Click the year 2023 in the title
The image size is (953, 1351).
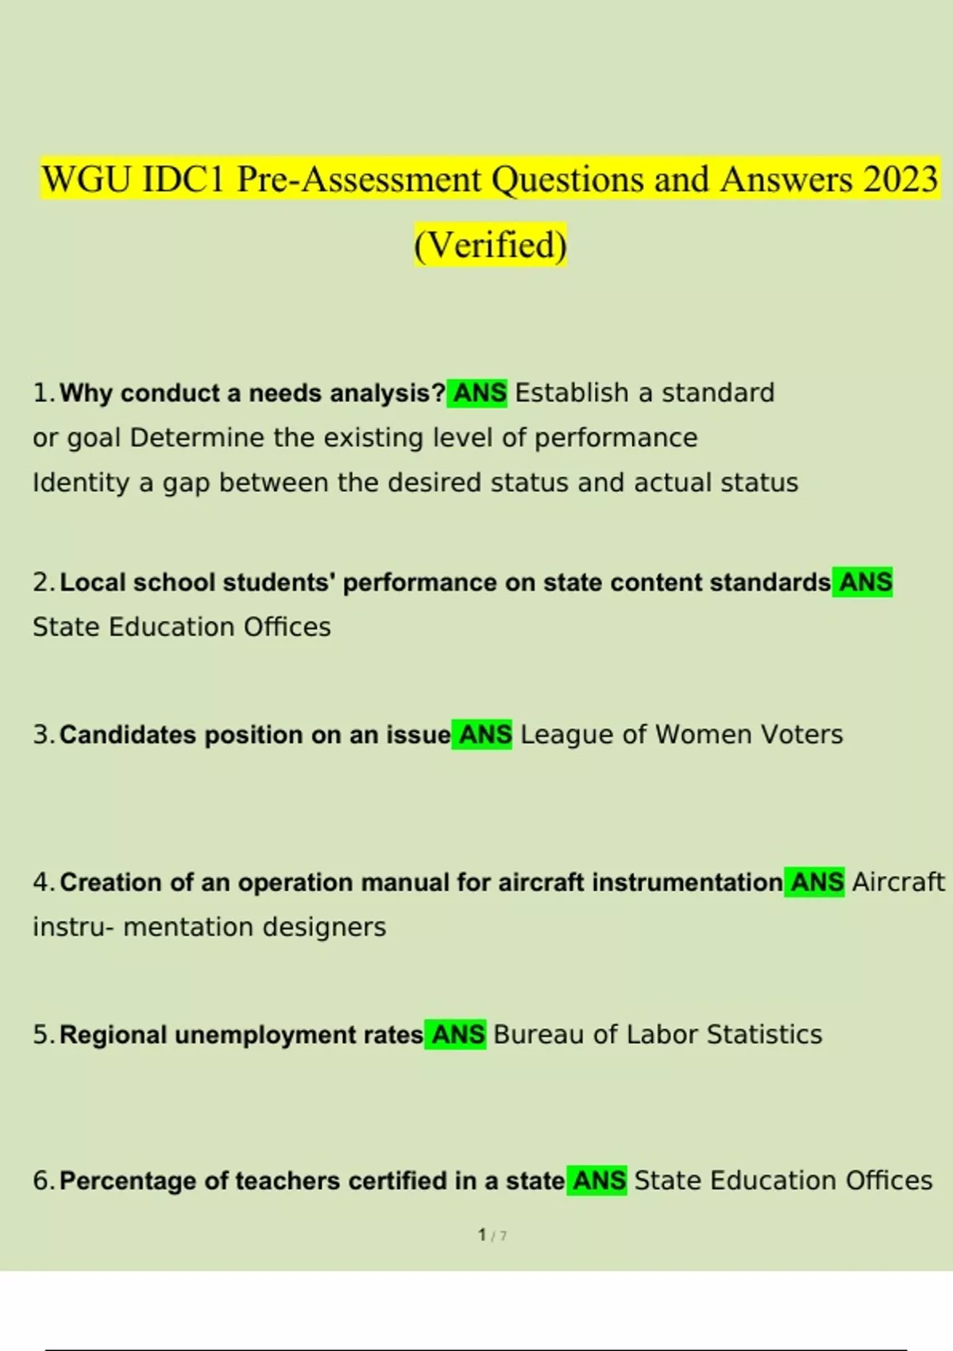coord(901,180)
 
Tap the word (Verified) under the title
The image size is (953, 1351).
coord(490,245)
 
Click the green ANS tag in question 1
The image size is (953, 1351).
coord(477,393)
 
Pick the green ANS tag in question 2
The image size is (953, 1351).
coord(863,582)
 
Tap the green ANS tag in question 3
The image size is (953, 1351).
coord(483,734)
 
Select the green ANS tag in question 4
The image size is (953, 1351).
coord(815,882)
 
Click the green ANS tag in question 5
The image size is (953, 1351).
coord(456,1035)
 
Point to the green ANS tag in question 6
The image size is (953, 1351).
coord(597,1181)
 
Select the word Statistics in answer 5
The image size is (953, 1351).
coord(764,1035)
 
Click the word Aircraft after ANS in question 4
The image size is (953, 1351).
coord(898,882)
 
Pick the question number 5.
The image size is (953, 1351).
coord(42,1035)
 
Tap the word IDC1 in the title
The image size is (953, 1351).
coord(183,180)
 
